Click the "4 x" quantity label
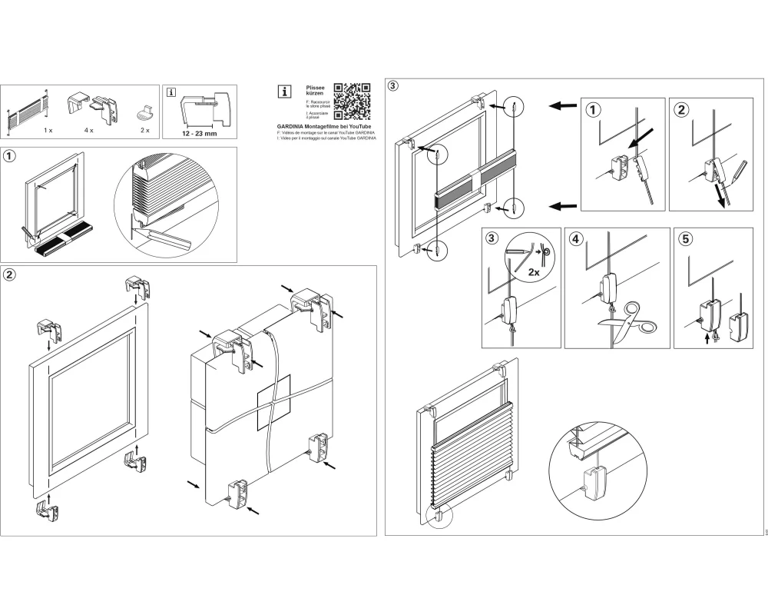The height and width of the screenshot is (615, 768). click(89, 131)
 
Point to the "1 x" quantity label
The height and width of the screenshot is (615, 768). click(48, 131)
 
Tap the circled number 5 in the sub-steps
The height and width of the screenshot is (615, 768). click(686, 238)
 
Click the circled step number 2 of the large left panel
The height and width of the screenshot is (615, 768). click(10, 274)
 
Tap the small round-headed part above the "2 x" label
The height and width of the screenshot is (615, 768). click(144, 114)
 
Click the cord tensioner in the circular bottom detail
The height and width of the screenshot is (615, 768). click(591, 483)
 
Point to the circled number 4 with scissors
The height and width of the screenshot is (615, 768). click(576, 238)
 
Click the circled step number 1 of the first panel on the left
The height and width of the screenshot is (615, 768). click(10, 156)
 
